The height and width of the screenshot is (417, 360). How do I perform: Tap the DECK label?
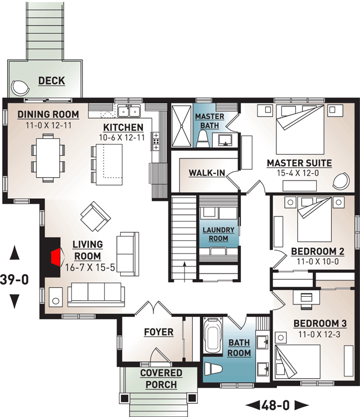52,81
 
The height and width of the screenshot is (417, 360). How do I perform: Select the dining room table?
47,157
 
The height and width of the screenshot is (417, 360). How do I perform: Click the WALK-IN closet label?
207,173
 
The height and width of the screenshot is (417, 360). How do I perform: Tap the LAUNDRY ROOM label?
218,234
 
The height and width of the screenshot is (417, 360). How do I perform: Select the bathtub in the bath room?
212,336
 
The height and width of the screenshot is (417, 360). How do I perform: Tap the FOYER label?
158,332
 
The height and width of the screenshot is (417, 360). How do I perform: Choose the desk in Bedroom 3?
306,296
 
